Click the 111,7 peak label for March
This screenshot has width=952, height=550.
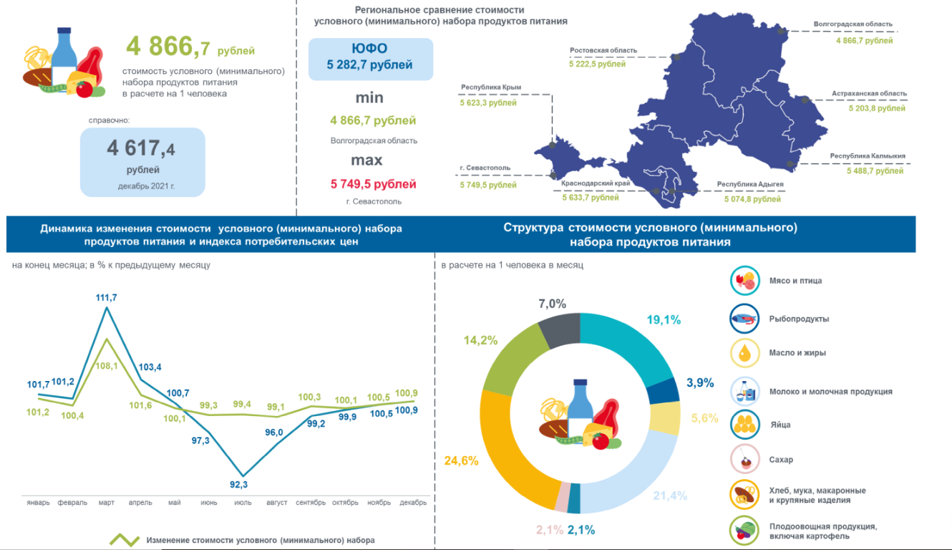(107, 297)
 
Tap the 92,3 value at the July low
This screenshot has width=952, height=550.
(243, 485)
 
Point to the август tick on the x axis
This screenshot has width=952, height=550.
(276, 503)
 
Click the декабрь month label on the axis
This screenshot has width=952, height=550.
(413, 503)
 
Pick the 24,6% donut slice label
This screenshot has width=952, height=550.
(460, 461)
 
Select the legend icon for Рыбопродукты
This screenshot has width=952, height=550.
(744, 319)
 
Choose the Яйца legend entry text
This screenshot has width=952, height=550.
(779, 425)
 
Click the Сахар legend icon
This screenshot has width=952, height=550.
(744, 460)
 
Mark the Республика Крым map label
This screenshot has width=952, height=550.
(491, 87)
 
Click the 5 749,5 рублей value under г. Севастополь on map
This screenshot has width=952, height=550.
(487, 185)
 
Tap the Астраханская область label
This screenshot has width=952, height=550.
(869, 93)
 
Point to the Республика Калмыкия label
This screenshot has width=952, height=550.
(868, 155)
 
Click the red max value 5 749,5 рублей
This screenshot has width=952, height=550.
(373, 184)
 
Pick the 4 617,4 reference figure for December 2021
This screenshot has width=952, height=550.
(141, 149)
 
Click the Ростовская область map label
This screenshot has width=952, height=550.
(603, 51)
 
